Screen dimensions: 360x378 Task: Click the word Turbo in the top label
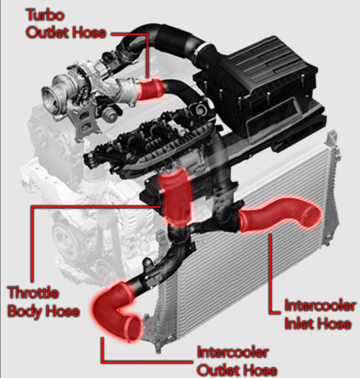coord(45,15)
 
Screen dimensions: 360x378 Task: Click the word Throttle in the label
coord(33,292)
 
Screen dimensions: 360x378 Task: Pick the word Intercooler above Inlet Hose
coord(320,306)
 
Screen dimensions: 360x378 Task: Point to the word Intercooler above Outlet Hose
coord(233,353)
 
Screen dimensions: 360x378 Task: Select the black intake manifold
coord(150,142)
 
